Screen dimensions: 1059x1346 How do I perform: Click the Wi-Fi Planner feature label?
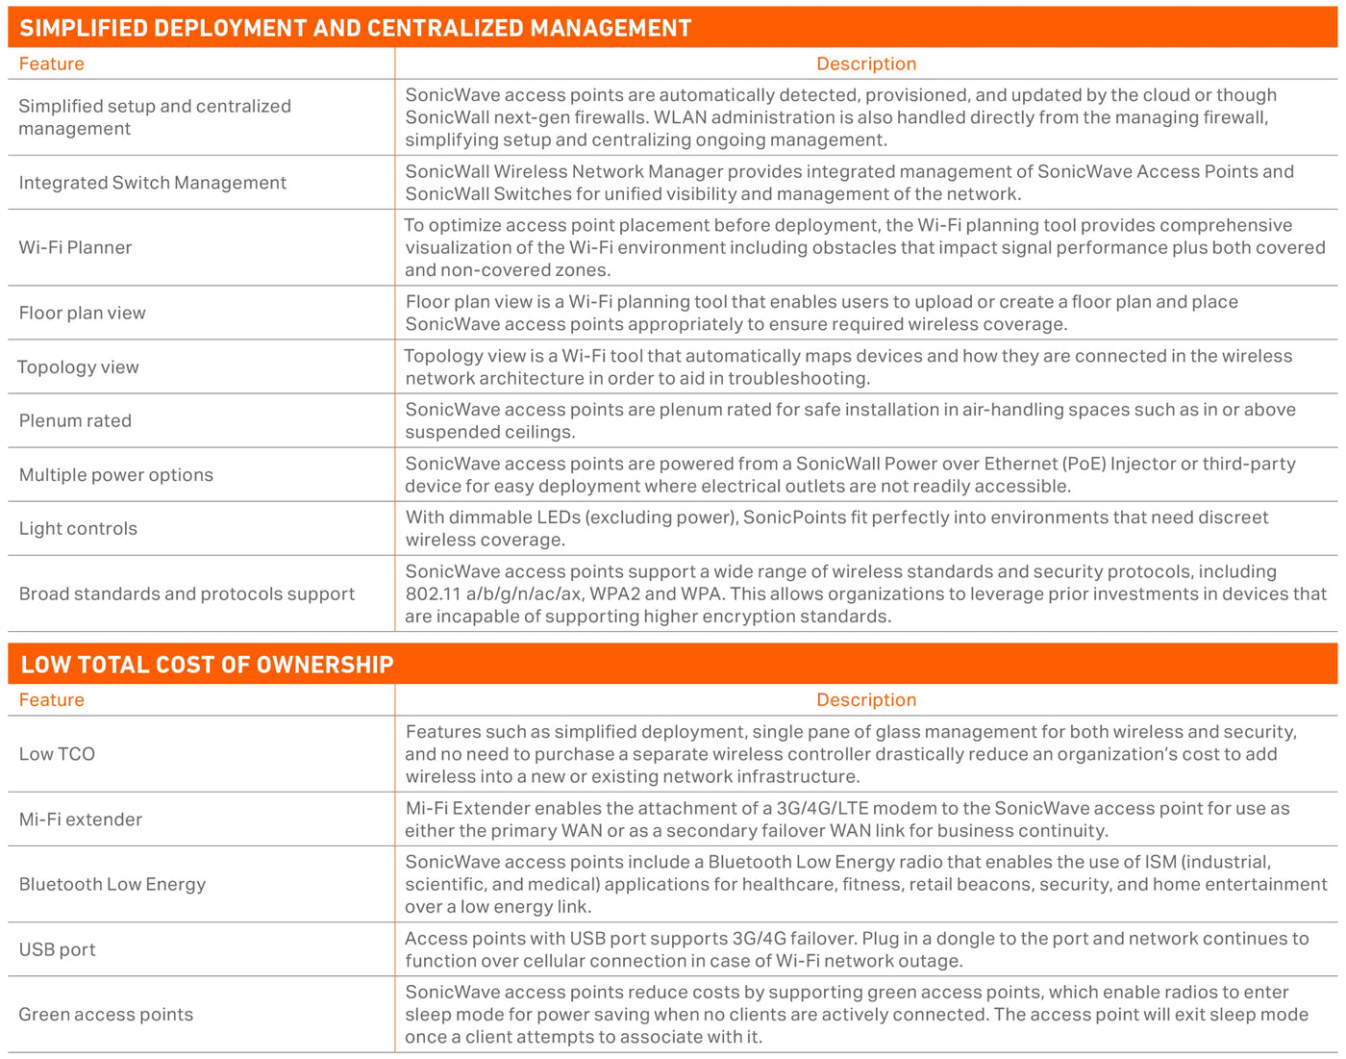[x=75, y=247]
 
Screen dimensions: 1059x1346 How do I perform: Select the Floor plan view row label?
[x=82, y=313]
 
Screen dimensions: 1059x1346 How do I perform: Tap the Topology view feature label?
[x=78, y=366]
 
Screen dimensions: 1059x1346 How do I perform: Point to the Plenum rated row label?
[x=75, y=420]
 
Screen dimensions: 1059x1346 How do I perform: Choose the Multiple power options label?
[x=115, y=474]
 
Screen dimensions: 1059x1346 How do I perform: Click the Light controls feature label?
[x=78, y=528]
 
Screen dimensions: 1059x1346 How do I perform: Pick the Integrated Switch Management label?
[x=152, y=183]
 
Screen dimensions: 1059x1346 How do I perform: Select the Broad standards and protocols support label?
[x=187, y=593]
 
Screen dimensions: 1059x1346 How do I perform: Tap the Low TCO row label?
[x=57, y=754]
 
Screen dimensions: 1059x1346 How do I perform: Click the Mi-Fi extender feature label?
[x=80, y=819]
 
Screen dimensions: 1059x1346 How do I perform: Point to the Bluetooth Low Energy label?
[x=112, y=884]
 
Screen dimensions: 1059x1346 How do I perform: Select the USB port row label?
[x=57, y=949]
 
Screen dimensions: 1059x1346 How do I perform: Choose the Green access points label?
[x=106, y=1014]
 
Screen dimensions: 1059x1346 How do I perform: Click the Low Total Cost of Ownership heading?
[x=207, y=665]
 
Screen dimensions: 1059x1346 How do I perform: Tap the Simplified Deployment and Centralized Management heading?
[x=355, y=28]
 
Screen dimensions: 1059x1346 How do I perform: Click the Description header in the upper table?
[x=865, y=63]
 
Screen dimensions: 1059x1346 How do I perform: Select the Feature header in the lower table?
[x=51, y=700]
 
